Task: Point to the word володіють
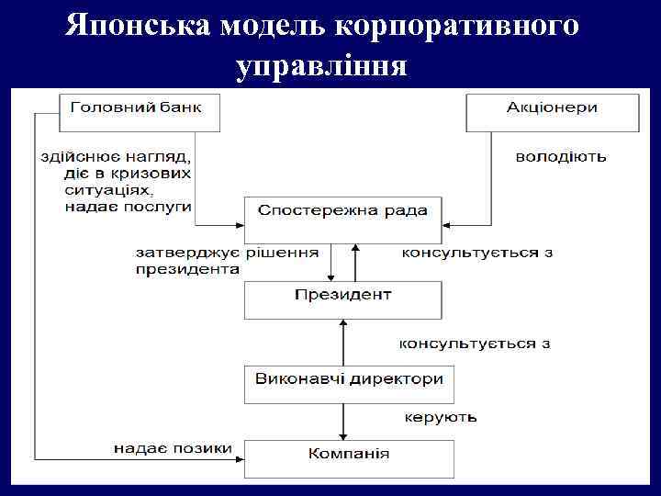click(560, 156)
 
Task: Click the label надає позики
click(173, 448)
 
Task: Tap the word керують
click(440, 417)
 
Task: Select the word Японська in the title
click(138, 25)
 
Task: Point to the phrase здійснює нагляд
click(113, 156)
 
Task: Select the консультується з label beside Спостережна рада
click(476, 251)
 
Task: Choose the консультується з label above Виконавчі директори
click(474, 344)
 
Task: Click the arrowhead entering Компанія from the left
click(237, 457)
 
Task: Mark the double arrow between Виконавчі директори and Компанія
click(343, 422)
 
